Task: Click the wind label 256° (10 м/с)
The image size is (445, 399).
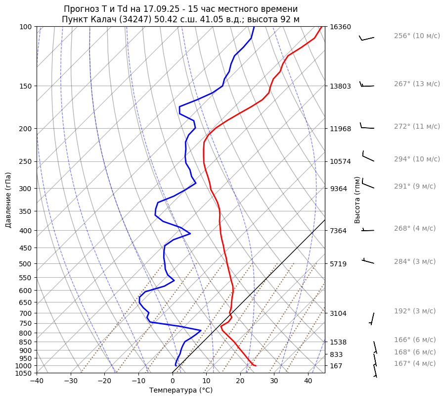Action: pyautogui.click(x=417, y=36)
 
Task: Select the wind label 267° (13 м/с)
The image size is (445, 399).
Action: pyautogui.click(x=417, y=84)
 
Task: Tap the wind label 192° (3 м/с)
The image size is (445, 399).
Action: pyautogui.click(x=415, y=311)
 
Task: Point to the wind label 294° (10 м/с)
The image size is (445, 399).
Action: pyautogui.click(x=417, y=159)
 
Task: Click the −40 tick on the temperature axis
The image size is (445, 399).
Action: pyautogui.click(x=37, y=381)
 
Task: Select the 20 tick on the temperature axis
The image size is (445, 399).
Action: pyautogui.click(x=240, y=381)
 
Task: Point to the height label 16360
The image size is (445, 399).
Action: pyautogui.click(x=340, y=27)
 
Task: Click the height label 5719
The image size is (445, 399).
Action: pyautogui.click(x=339, y=264)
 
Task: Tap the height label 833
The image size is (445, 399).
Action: pyautogui.click(x=337, y=354)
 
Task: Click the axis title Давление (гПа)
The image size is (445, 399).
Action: pyautogui.click(x=8, y=200)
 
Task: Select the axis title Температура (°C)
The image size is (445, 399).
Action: pyautogui.click(x=181, y=391)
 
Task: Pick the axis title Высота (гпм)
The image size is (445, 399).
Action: pyautogui.click(x=357, y=200)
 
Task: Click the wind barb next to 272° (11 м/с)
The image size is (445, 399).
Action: pyautogui.click(x=367, y=127)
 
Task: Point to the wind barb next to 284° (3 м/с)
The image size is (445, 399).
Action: pyautogui.click(x=368, y=261)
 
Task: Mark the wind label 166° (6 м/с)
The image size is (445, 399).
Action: pyautogui.click(x=415, y=340)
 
